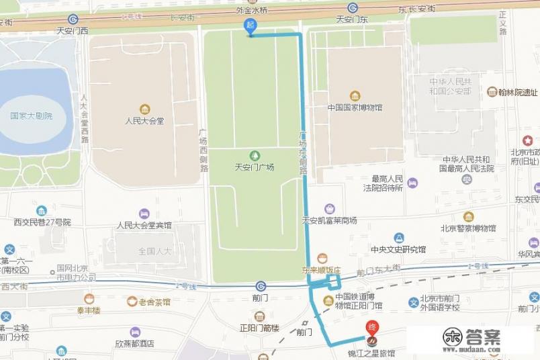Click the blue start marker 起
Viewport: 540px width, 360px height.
coord(250,26)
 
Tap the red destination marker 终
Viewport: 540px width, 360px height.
coord(371,329)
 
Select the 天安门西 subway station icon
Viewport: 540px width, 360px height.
coord(73,19)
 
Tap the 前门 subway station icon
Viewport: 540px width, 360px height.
coord(260,285)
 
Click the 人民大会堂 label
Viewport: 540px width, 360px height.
coord(144,121)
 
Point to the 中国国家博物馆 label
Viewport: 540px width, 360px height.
coord(355,107)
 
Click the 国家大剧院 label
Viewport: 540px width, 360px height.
coord(32,116)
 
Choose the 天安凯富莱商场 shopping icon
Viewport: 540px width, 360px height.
coord(329,209)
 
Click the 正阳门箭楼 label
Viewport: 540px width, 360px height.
coord(259,328)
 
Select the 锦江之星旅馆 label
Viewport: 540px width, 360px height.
coord(371,353)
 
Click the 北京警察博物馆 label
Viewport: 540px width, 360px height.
coord(468,228)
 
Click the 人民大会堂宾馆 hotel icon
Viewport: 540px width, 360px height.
coord(144,214)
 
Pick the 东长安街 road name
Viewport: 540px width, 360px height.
coord(416,9)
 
